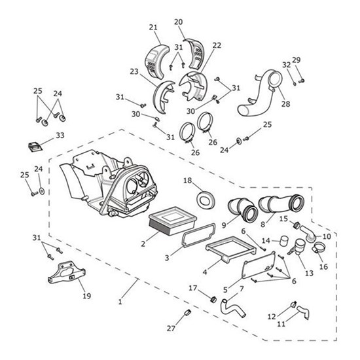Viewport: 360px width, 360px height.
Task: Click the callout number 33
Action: (60, 135)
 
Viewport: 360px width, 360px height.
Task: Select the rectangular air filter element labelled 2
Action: (172, 221)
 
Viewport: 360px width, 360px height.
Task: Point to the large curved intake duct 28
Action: (260, 92)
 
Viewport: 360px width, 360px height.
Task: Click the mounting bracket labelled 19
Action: (66, 272)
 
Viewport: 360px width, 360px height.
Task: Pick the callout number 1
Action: (120, 302)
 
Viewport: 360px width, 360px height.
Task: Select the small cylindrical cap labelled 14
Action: (285, 241)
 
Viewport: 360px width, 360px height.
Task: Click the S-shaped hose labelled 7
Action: (232, 309)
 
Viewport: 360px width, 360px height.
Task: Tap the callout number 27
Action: (171, 329)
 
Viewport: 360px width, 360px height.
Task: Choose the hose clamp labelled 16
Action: (319, 247)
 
